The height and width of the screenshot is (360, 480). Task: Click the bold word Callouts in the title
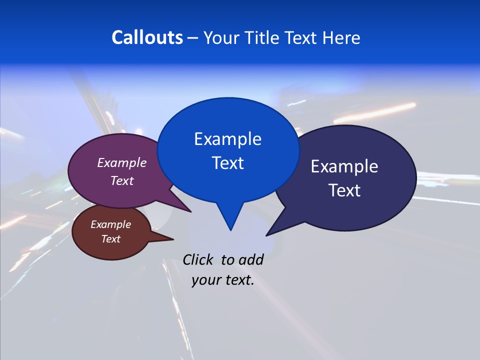point(147,37)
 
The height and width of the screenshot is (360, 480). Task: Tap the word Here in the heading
point(342,37)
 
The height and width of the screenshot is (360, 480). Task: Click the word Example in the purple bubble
point(121,163)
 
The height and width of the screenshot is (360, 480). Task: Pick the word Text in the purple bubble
point(121,180)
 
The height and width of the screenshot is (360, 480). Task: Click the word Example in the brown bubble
point(110,224)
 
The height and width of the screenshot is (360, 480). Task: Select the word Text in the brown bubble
point(110,239)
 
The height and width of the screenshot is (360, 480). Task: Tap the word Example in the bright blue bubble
point(227,139)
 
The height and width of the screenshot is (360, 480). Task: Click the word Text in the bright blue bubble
point(227,163)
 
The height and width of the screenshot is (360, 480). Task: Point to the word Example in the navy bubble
point(344,166)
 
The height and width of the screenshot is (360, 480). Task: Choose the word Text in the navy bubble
point(344,190)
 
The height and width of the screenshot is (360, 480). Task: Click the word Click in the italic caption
point(199,259)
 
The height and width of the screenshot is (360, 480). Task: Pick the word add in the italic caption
point(250,259)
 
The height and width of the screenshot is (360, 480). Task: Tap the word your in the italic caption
point(205,280)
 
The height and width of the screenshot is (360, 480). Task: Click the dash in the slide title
point(193,37)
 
